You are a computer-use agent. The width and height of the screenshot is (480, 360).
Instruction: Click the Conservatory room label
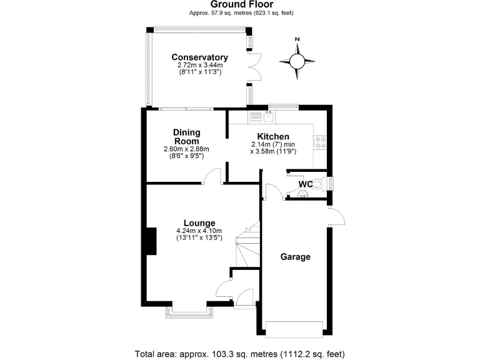(200, 57)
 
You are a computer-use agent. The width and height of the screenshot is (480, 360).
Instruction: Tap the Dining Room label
(186, 136)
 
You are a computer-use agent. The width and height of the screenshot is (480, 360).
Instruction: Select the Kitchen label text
(273, 136)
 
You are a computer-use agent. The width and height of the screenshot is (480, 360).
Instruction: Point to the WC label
(306, 184)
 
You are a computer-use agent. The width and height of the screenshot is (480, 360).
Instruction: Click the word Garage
(296, 256)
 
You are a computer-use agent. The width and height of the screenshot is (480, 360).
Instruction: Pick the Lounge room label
(199, 222)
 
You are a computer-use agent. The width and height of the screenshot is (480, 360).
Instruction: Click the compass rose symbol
(297, 61)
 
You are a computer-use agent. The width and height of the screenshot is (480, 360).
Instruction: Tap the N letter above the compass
(297, 40)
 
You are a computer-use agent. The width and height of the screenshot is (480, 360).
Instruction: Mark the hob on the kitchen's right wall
(320, 142)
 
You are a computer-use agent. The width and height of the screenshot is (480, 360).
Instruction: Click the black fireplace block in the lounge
(151, 241)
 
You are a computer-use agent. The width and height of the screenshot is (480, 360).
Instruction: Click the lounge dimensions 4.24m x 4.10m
(199, 231)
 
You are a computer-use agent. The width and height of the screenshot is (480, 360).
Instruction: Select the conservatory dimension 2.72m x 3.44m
(200, 65)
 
